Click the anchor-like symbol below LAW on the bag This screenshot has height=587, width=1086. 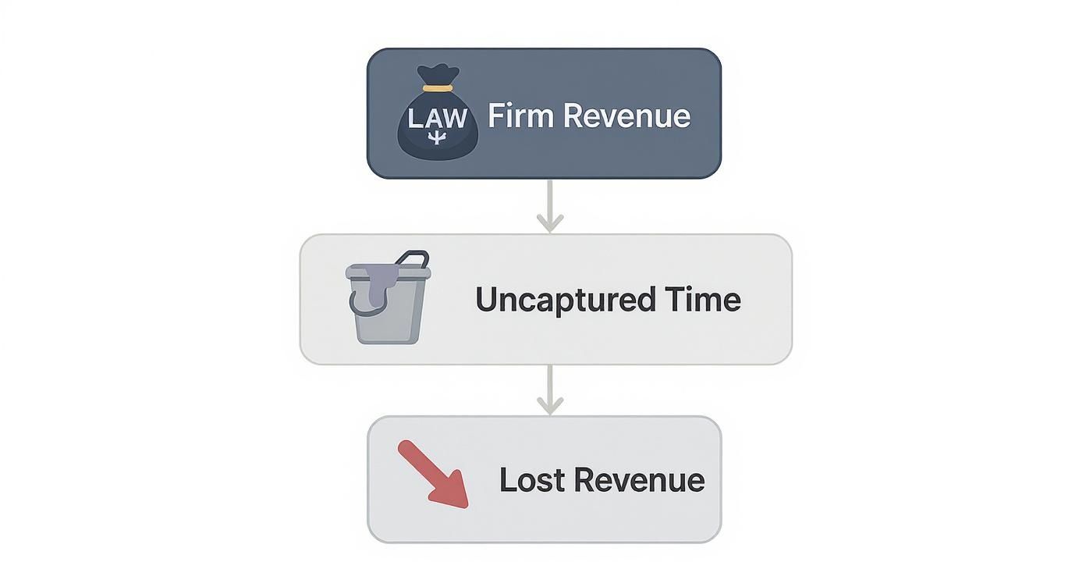(x=438, y=138)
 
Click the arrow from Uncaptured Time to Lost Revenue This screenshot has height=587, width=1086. (x=550, y=390)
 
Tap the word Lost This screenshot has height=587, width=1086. (x=531, y=479)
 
